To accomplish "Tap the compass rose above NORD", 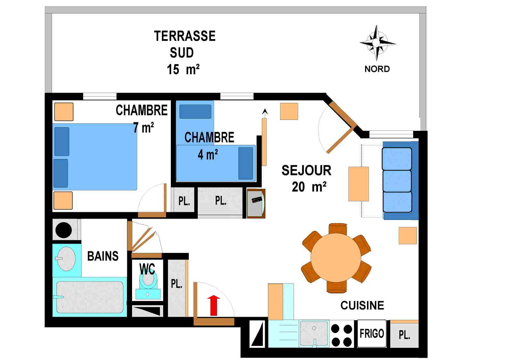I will tap(377, 43).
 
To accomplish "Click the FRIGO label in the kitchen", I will tap(371, 334).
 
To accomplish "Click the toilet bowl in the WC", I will tap(148, 278).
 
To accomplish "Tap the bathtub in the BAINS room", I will tap(89, 297).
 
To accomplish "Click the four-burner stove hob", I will tap(341, 335).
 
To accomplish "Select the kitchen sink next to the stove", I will tap(314, 333).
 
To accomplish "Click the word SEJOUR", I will tap(306, 171).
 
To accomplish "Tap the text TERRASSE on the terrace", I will tap(185, 36).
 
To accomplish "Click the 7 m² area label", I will tap(143, 128).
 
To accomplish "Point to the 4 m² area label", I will tap(208, 155).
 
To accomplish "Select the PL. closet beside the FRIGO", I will tap(404, 335).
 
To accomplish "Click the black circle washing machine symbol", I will tap(63, 230).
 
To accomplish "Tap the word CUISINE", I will tap(362, 306).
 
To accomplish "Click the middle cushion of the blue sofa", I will tap(397, 181).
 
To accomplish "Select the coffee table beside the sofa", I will tap(358, 184).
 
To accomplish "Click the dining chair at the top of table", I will tap(338, 229).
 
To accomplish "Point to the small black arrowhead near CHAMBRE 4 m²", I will tap(265, 112).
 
